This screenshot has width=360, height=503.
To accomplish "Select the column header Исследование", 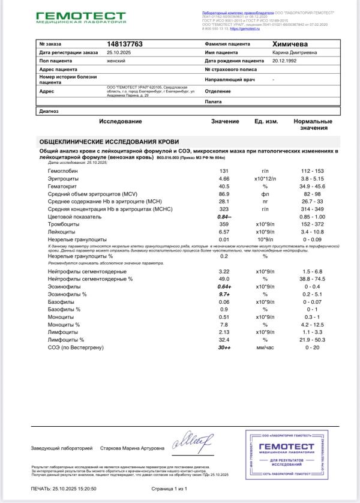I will click(x=121, y=122).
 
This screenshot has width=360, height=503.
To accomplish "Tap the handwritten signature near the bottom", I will click(x=192, y=444).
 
